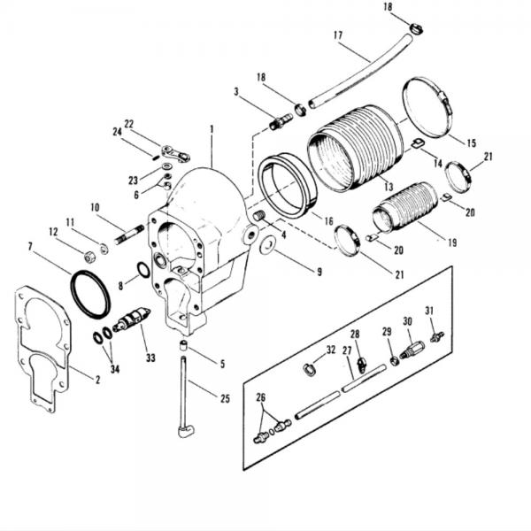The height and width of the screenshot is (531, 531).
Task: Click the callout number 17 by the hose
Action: [338, 36]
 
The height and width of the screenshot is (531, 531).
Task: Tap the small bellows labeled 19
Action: [402, 209]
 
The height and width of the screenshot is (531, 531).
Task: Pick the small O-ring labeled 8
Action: [143, 269]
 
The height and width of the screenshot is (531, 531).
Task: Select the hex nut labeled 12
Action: [89, 257]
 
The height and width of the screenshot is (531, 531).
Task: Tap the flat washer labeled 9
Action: [265, 243]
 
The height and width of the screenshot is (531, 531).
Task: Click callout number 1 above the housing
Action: [212, 129]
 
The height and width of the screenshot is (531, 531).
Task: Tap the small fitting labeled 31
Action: [435, 336]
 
